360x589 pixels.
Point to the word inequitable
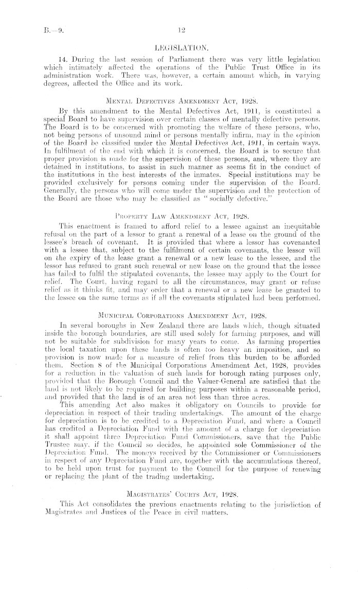click(308, 237)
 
